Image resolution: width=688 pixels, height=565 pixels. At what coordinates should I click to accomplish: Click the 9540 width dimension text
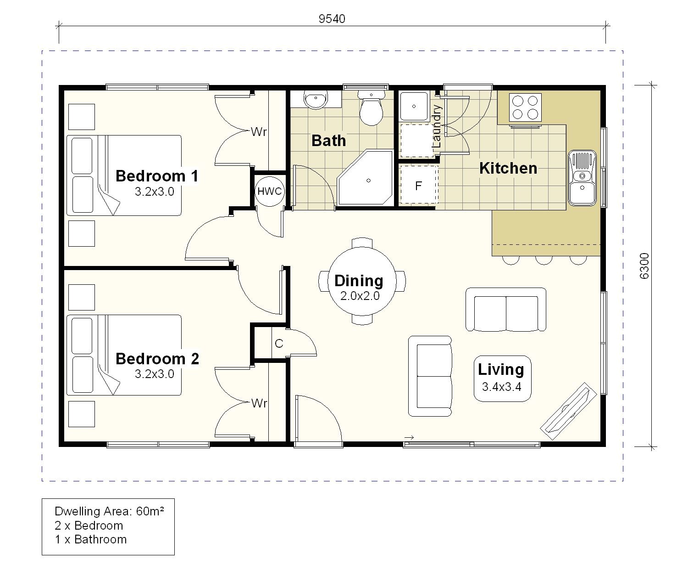coord(332,19)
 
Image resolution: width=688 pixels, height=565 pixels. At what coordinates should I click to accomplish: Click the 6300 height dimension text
coord(644,266)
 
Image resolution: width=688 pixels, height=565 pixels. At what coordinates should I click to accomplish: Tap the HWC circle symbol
coord(269,191)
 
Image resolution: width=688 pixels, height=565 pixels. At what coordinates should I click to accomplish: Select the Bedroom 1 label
coord(157,176)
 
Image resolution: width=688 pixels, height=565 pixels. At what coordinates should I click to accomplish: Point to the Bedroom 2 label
coord(157,359)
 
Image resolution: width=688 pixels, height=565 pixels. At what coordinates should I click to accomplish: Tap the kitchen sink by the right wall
coord(582,177)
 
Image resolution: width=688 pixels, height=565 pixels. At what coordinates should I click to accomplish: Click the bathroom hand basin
coord(315,100)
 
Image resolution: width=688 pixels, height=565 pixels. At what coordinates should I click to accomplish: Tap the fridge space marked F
coord(418,186)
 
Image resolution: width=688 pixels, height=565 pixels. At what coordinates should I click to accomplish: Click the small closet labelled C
coord(279,344)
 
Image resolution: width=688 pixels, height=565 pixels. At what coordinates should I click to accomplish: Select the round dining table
coord(361,281)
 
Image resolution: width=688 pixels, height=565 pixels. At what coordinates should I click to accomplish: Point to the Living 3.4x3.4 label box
coord(502,379)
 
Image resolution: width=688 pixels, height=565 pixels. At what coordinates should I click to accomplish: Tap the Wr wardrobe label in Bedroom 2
coord(259,403)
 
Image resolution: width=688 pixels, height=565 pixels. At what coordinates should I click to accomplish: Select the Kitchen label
coord(508,168)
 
